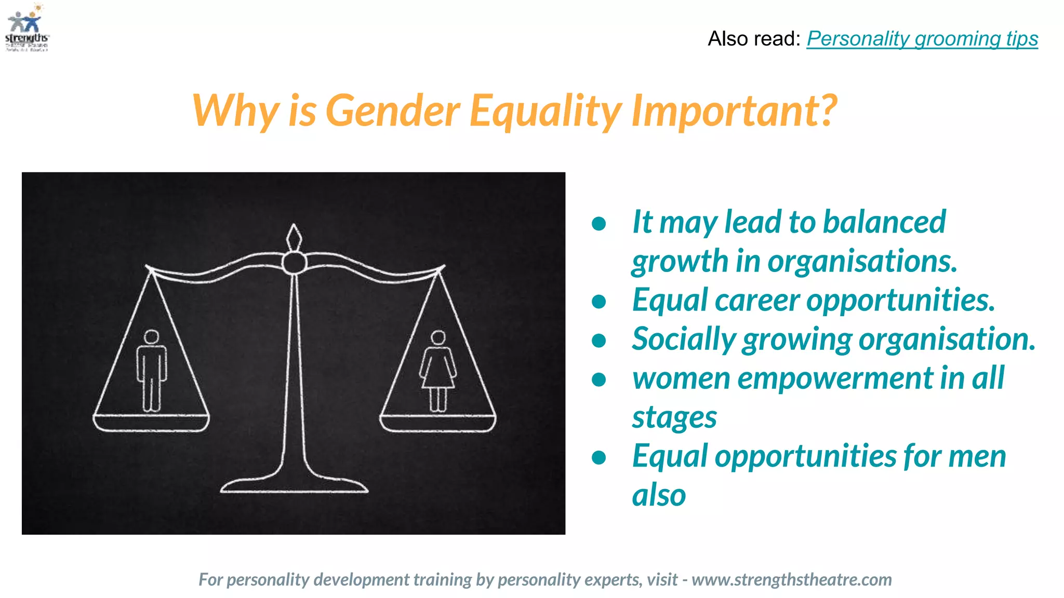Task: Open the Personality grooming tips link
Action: point(922,39)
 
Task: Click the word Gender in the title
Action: point(393,111)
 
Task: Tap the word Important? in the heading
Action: point(734,111)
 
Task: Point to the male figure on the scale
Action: point(151,371)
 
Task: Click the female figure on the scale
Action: point(438,371)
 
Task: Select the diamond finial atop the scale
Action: point(294,238)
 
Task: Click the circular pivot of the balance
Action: point(294,263)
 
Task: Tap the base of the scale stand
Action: point(294,486)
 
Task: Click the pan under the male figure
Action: point(151,423)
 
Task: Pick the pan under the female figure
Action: point(438,423)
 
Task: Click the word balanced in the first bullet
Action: point(884,222)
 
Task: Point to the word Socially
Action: point(684,339)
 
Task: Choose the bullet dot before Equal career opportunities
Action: point(599,302)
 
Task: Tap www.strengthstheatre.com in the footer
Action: point(791,579)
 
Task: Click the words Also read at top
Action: point(753,39)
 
